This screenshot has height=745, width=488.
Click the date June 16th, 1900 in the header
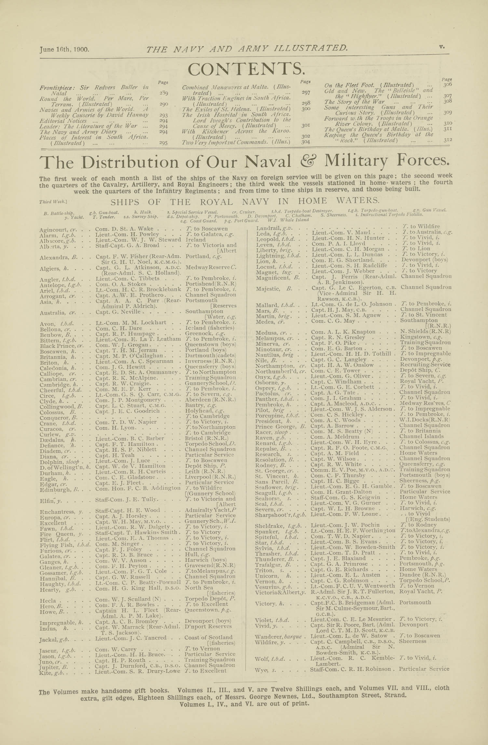click(x=64, y=50)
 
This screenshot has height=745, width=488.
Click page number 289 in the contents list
click(x=164, y=93)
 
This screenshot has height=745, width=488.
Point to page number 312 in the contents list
click(x=448, y=141)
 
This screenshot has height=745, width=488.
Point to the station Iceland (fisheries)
click(x=210, y=328)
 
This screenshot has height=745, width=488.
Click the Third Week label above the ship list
click(x=53, y=202)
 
